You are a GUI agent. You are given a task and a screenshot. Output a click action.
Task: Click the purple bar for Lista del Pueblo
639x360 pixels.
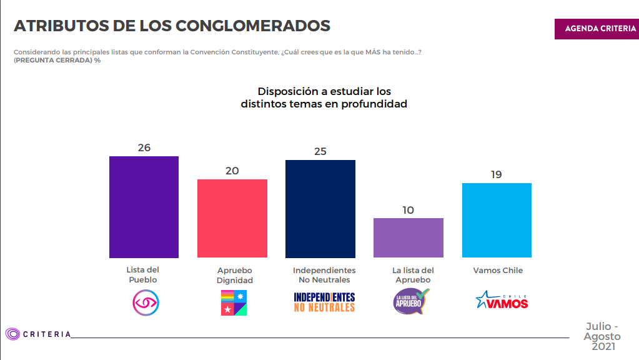coord(144,207)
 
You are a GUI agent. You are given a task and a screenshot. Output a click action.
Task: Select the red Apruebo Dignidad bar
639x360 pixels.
coord(232,219)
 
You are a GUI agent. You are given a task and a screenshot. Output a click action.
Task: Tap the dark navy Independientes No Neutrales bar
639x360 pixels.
coord(320,209)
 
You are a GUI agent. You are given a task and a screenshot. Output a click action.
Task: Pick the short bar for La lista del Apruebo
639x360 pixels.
coord(409,238)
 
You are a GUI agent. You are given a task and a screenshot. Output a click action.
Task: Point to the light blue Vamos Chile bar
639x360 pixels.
coord(497,220)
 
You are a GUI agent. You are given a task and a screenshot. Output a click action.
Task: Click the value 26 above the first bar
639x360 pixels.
coord(144,148)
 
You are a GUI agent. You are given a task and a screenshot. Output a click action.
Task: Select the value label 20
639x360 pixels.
coord(232,171)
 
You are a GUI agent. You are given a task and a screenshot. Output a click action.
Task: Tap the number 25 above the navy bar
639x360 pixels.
coord(320,152)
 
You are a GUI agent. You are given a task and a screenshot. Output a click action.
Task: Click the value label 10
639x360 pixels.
coord(408,210)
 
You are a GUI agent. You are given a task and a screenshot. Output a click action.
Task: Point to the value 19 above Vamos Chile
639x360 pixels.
coord(497,175)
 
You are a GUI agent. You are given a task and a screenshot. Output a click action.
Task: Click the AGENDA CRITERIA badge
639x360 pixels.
coord(597,29)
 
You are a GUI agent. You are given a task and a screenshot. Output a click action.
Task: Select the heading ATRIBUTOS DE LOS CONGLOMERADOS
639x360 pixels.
coord(172,26)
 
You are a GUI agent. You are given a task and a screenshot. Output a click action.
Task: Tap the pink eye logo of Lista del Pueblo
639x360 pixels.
coord(146,302)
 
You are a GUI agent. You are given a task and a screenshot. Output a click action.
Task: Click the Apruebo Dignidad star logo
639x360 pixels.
coord(234,302)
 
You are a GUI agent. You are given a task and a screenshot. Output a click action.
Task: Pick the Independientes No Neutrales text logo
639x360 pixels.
coord(324,302)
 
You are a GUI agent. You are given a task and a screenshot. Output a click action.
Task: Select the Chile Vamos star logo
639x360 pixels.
coord(502,301)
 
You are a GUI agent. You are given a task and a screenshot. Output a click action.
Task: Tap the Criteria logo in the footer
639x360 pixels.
coord(38,334)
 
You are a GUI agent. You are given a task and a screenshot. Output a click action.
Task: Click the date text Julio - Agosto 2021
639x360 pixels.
coord(602,336)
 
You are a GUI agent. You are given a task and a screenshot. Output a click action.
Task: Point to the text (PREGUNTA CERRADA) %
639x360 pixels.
coord(57,59)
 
